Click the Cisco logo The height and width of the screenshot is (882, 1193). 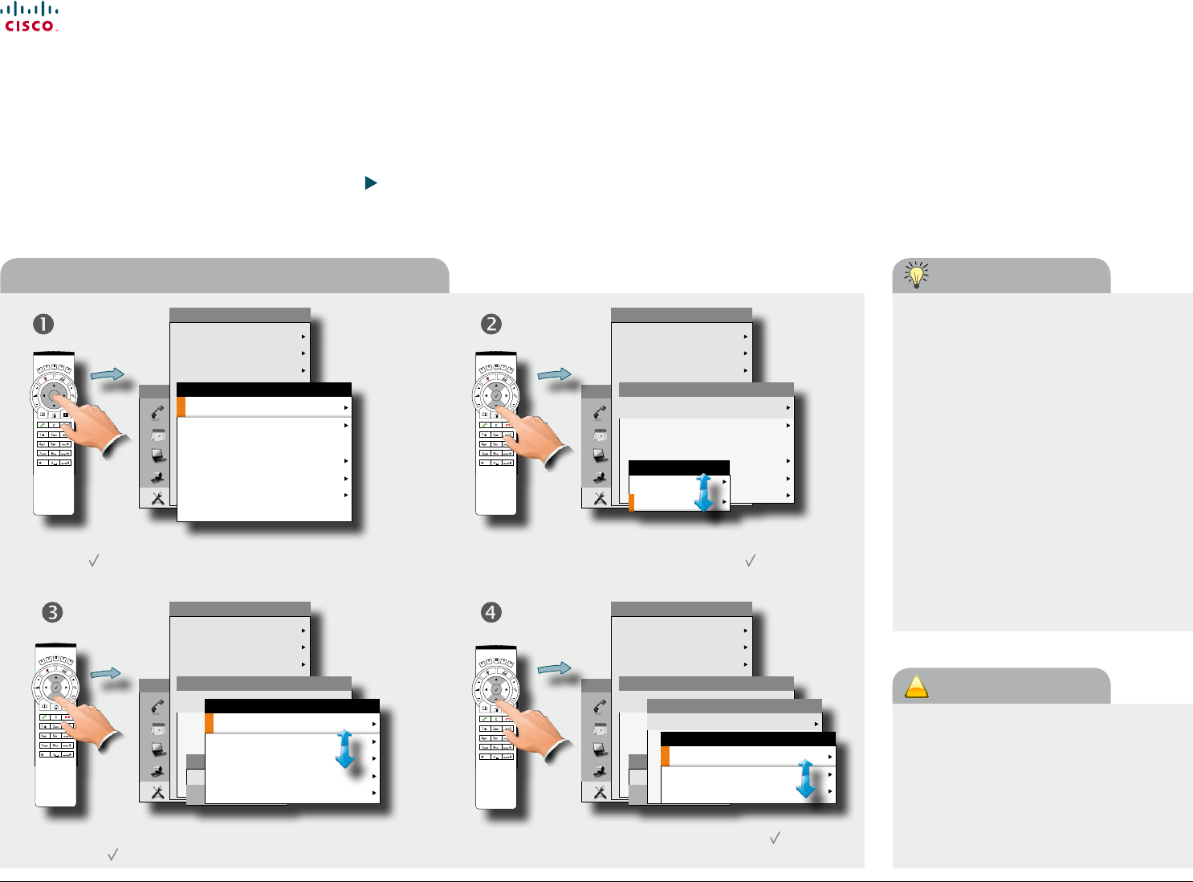pos(31,17)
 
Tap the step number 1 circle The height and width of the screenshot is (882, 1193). pos(43,324)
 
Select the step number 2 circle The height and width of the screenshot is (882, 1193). pos(491,324)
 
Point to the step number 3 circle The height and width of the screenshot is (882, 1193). pos(51,612)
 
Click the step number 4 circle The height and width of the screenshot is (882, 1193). pos(491,612)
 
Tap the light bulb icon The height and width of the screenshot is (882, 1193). pos(916,275)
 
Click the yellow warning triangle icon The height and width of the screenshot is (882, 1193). pos(916,688)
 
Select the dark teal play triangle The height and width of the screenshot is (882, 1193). pos(370,183)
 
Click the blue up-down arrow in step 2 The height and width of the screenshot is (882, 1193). pos(704,492)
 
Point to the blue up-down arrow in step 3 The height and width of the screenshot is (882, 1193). pos(345,749)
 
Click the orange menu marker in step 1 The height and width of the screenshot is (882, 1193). pos(181,407)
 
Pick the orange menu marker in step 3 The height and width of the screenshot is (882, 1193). pos(210,724)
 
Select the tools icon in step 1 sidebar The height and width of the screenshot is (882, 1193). pos(157,498)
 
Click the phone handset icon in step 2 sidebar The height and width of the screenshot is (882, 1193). pos(600,413)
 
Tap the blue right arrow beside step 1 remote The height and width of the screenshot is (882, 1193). pos(107,374)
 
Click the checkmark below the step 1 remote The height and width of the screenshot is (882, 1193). pos(93,561)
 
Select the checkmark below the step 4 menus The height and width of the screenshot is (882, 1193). pos(775,838)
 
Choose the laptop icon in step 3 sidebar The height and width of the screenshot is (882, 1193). pos(158,749)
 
